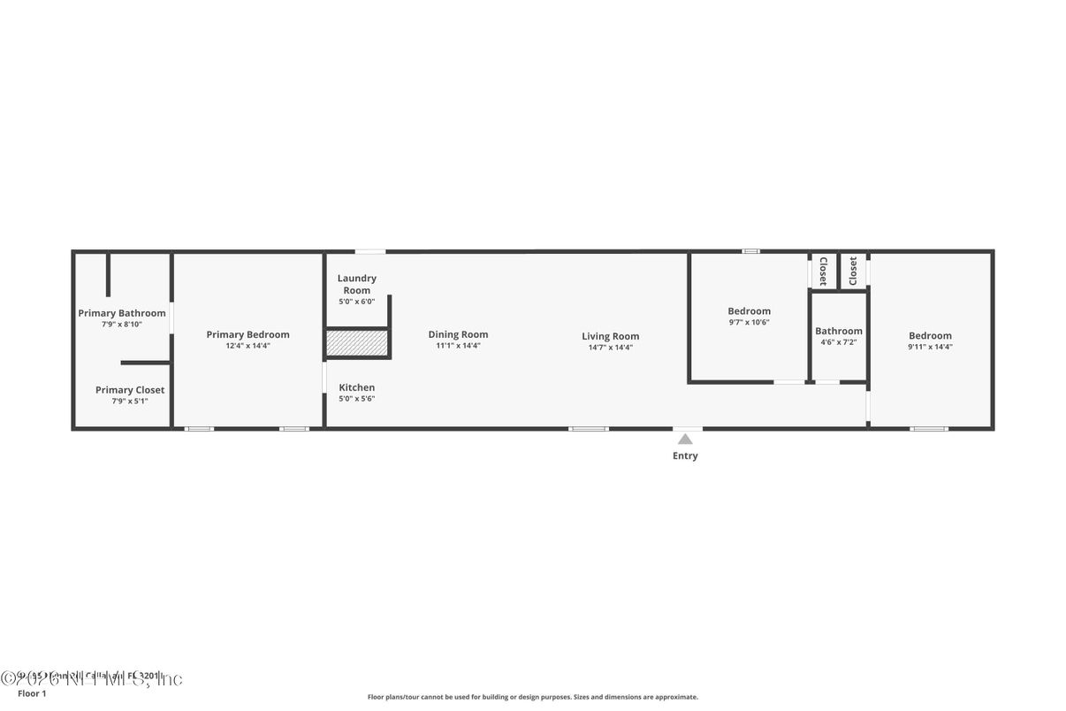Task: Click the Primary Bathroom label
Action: (x=122, y=313)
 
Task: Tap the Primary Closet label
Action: (x=130, y=390)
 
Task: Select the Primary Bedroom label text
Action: (x=247, y=334)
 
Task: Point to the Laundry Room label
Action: (x=356, y=284)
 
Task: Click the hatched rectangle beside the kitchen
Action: (x=357, y=343)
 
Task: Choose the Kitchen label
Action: (x=357, y=387)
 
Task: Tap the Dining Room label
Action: (x=458, y=334)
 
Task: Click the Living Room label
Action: (x=610, y=336)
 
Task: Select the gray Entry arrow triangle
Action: (x=685, y=439)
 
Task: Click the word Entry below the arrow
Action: (x=685, y=456)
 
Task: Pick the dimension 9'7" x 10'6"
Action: (x=749, y=322)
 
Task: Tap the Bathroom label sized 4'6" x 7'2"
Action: (x=838, y=332)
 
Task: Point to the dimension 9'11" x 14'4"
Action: (x=930, y=347)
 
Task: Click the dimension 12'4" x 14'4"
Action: (x=247, y=346)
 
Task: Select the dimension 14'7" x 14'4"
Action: (x=610, y=348)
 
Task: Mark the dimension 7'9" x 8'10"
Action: (x=122, y=325)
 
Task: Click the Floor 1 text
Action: (x=32, y=693)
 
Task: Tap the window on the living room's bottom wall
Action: (x=588, y=429)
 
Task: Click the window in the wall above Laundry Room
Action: (x=369, y=251)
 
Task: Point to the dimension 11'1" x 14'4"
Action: (x=458, y=346)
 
